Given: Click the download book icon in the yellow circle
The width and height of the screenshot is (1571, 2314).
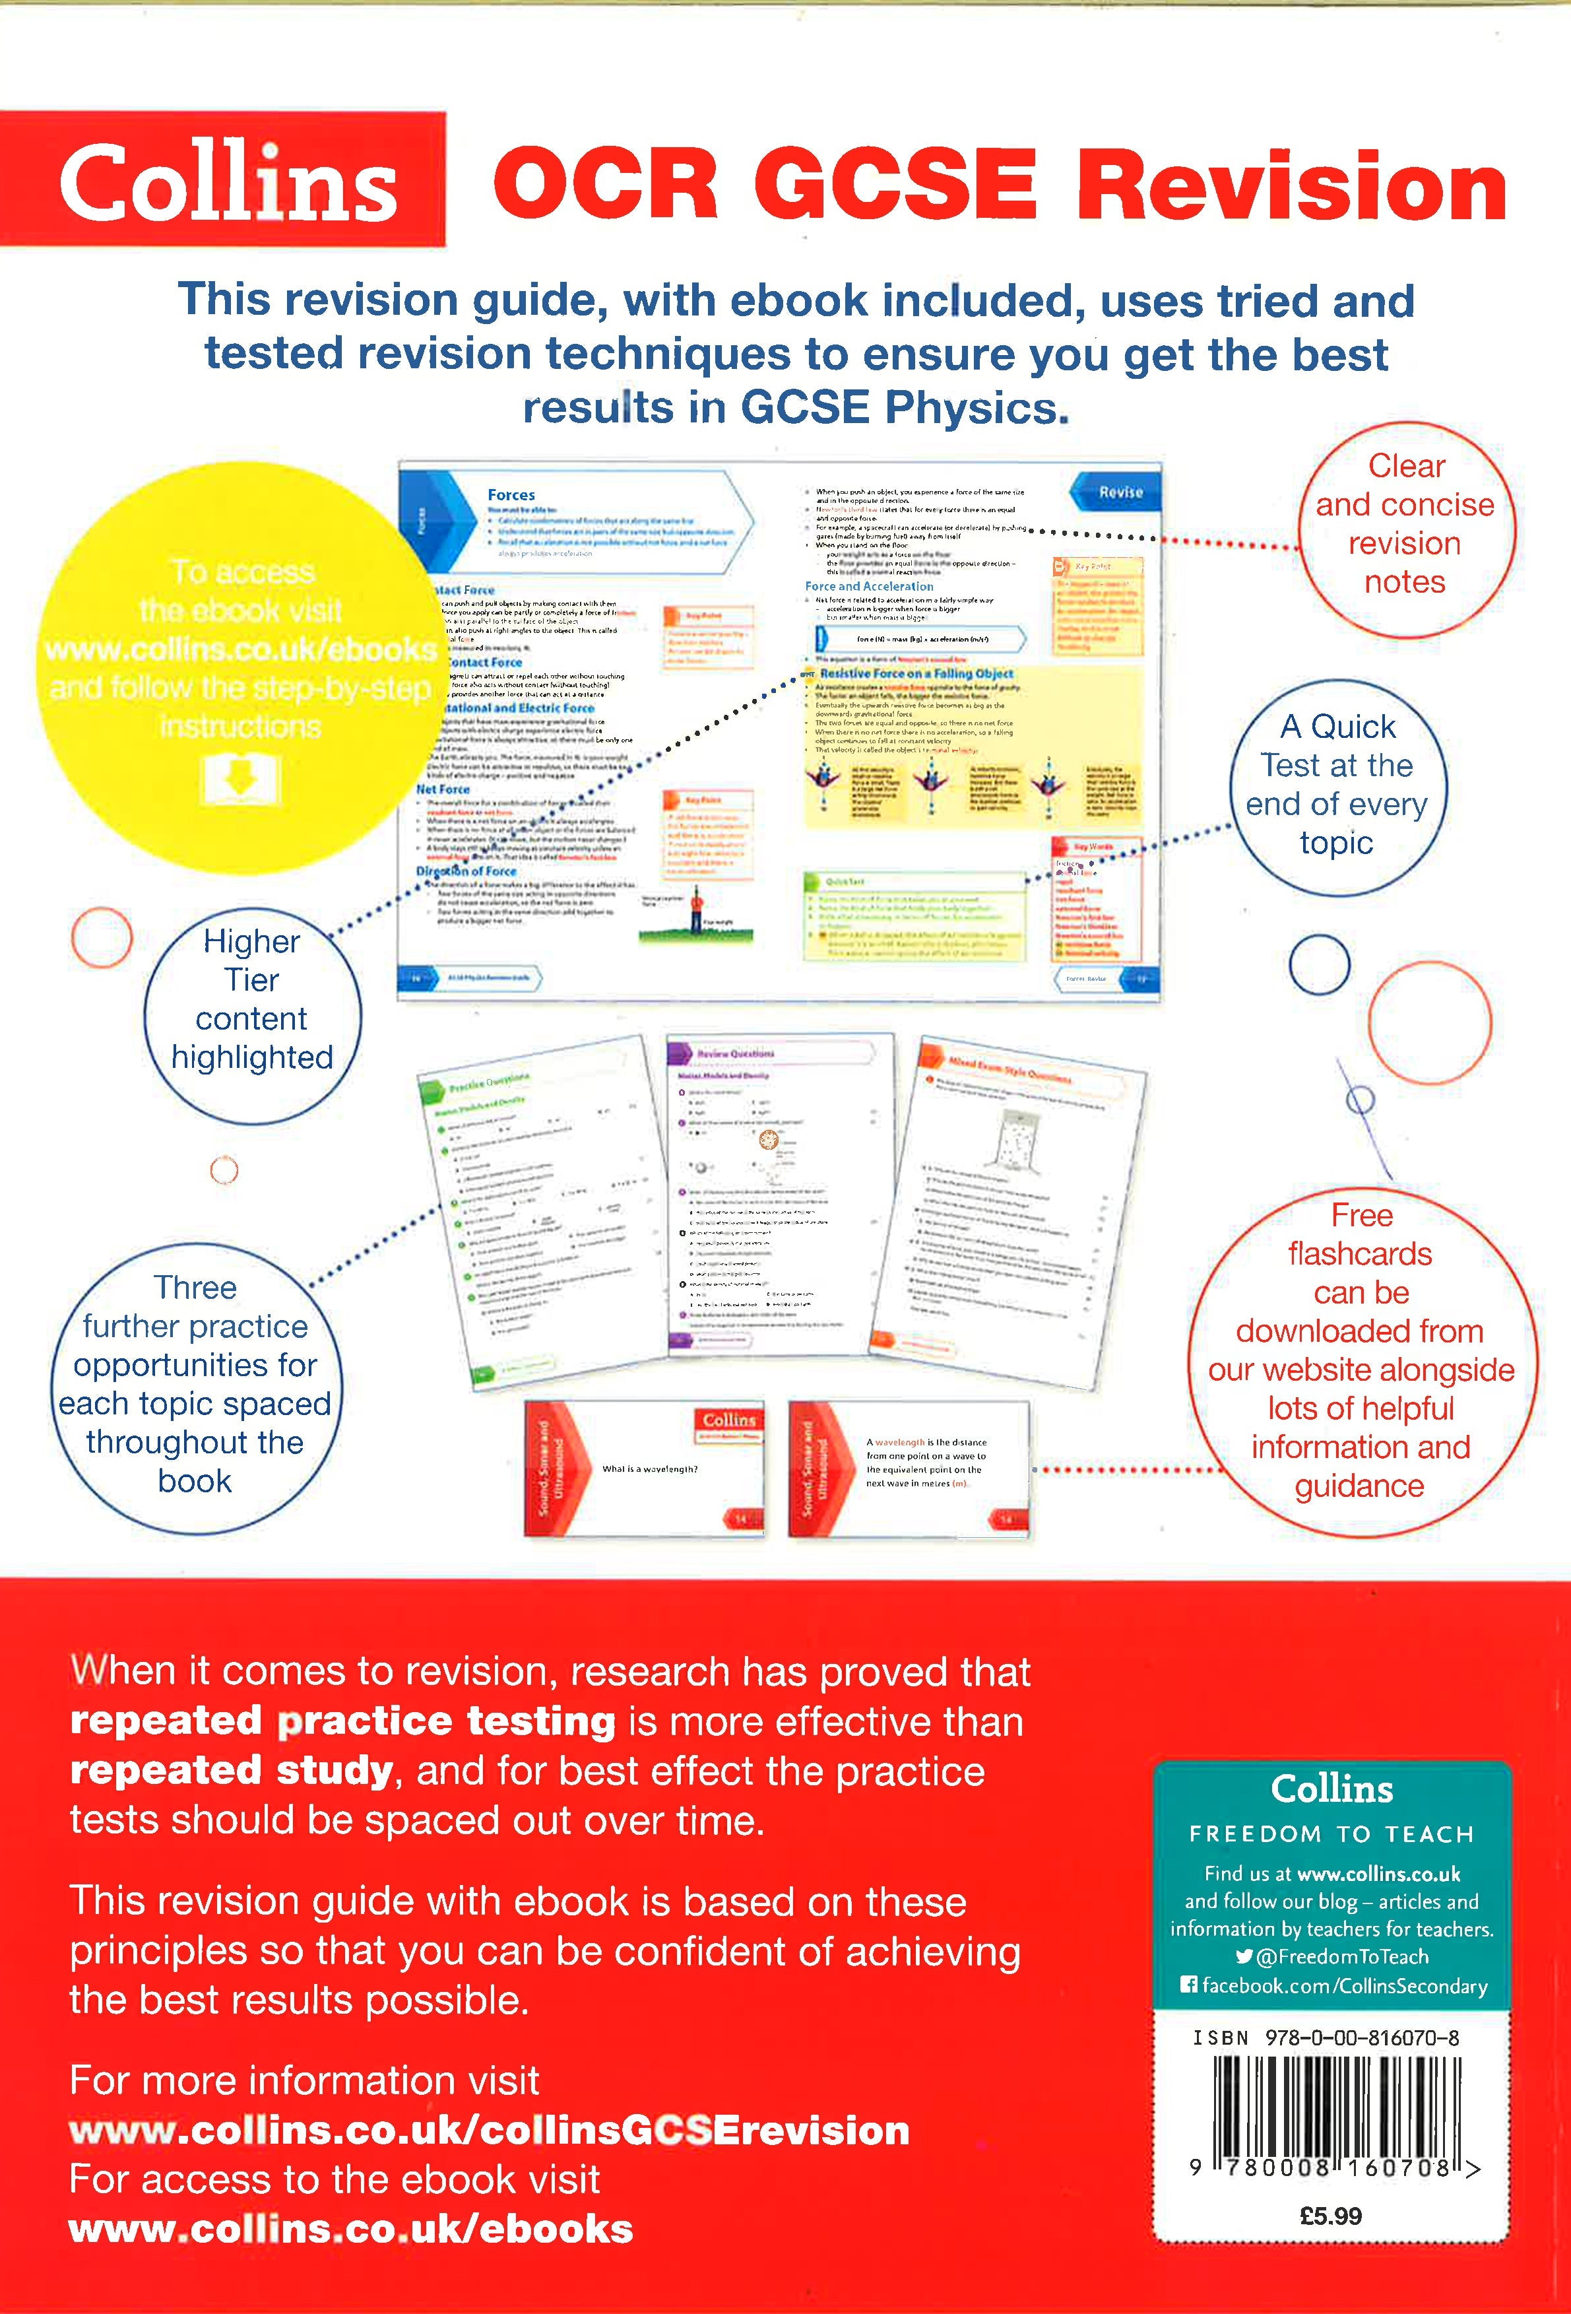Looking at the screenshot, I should (x=240, y=779).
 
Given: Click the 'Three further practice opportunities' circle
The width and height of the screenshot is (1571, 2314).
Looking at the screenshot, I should (x=195, y=1384).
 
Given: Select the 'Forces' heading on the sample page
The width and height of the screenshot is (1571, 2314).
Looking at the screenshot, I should (x=511, y=495).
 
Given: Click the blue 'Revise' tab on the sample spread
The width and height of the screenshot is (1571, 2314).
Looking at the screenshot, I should (x=1120, y=492).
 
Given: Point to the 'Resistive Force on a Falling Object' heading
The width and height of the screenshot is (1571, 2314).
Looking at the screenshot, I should (x=916, y=673).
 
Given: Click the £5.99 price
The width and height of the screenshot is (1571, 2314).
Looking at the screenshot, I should (x=1330, y=2216).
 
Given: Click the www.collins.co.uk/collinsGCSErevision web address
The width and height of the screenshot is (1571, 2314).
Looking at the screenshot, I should (x=489, y=2131).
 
